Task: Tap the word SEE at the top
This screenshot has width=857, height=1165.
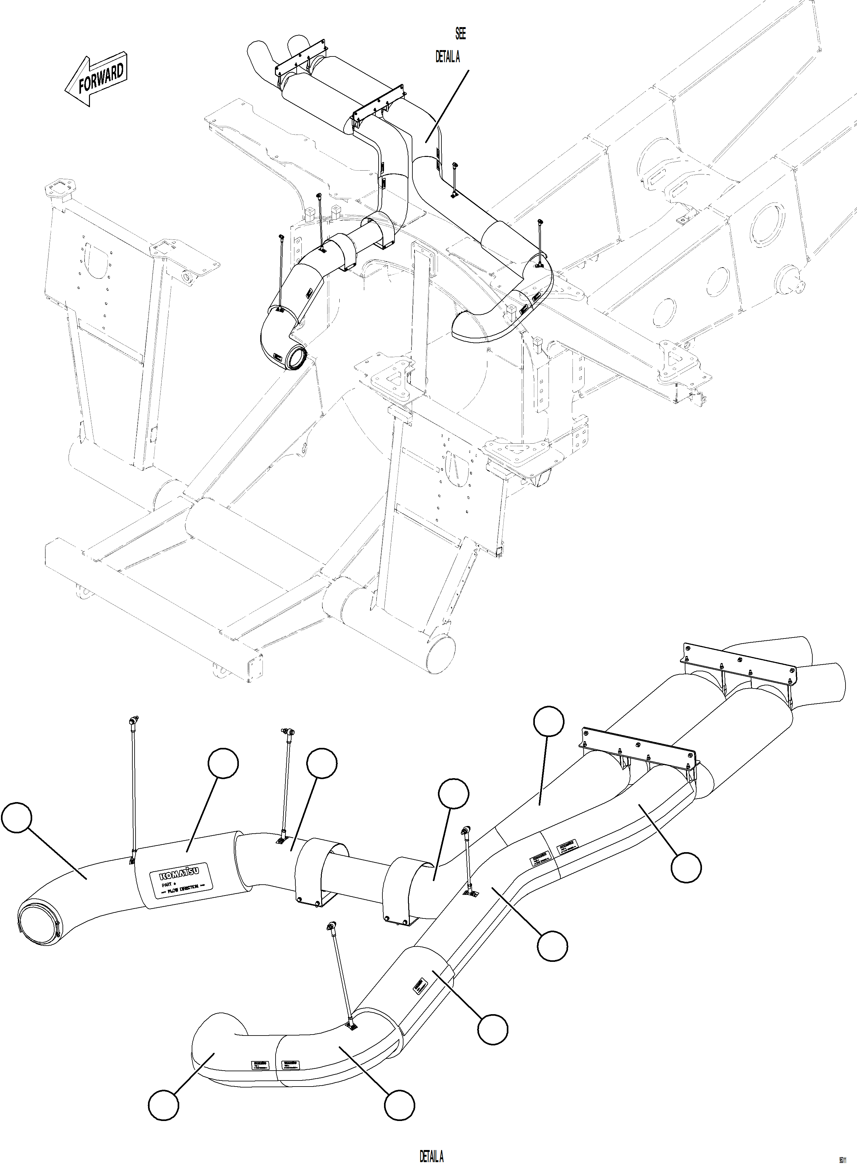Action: coord(460,34)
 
